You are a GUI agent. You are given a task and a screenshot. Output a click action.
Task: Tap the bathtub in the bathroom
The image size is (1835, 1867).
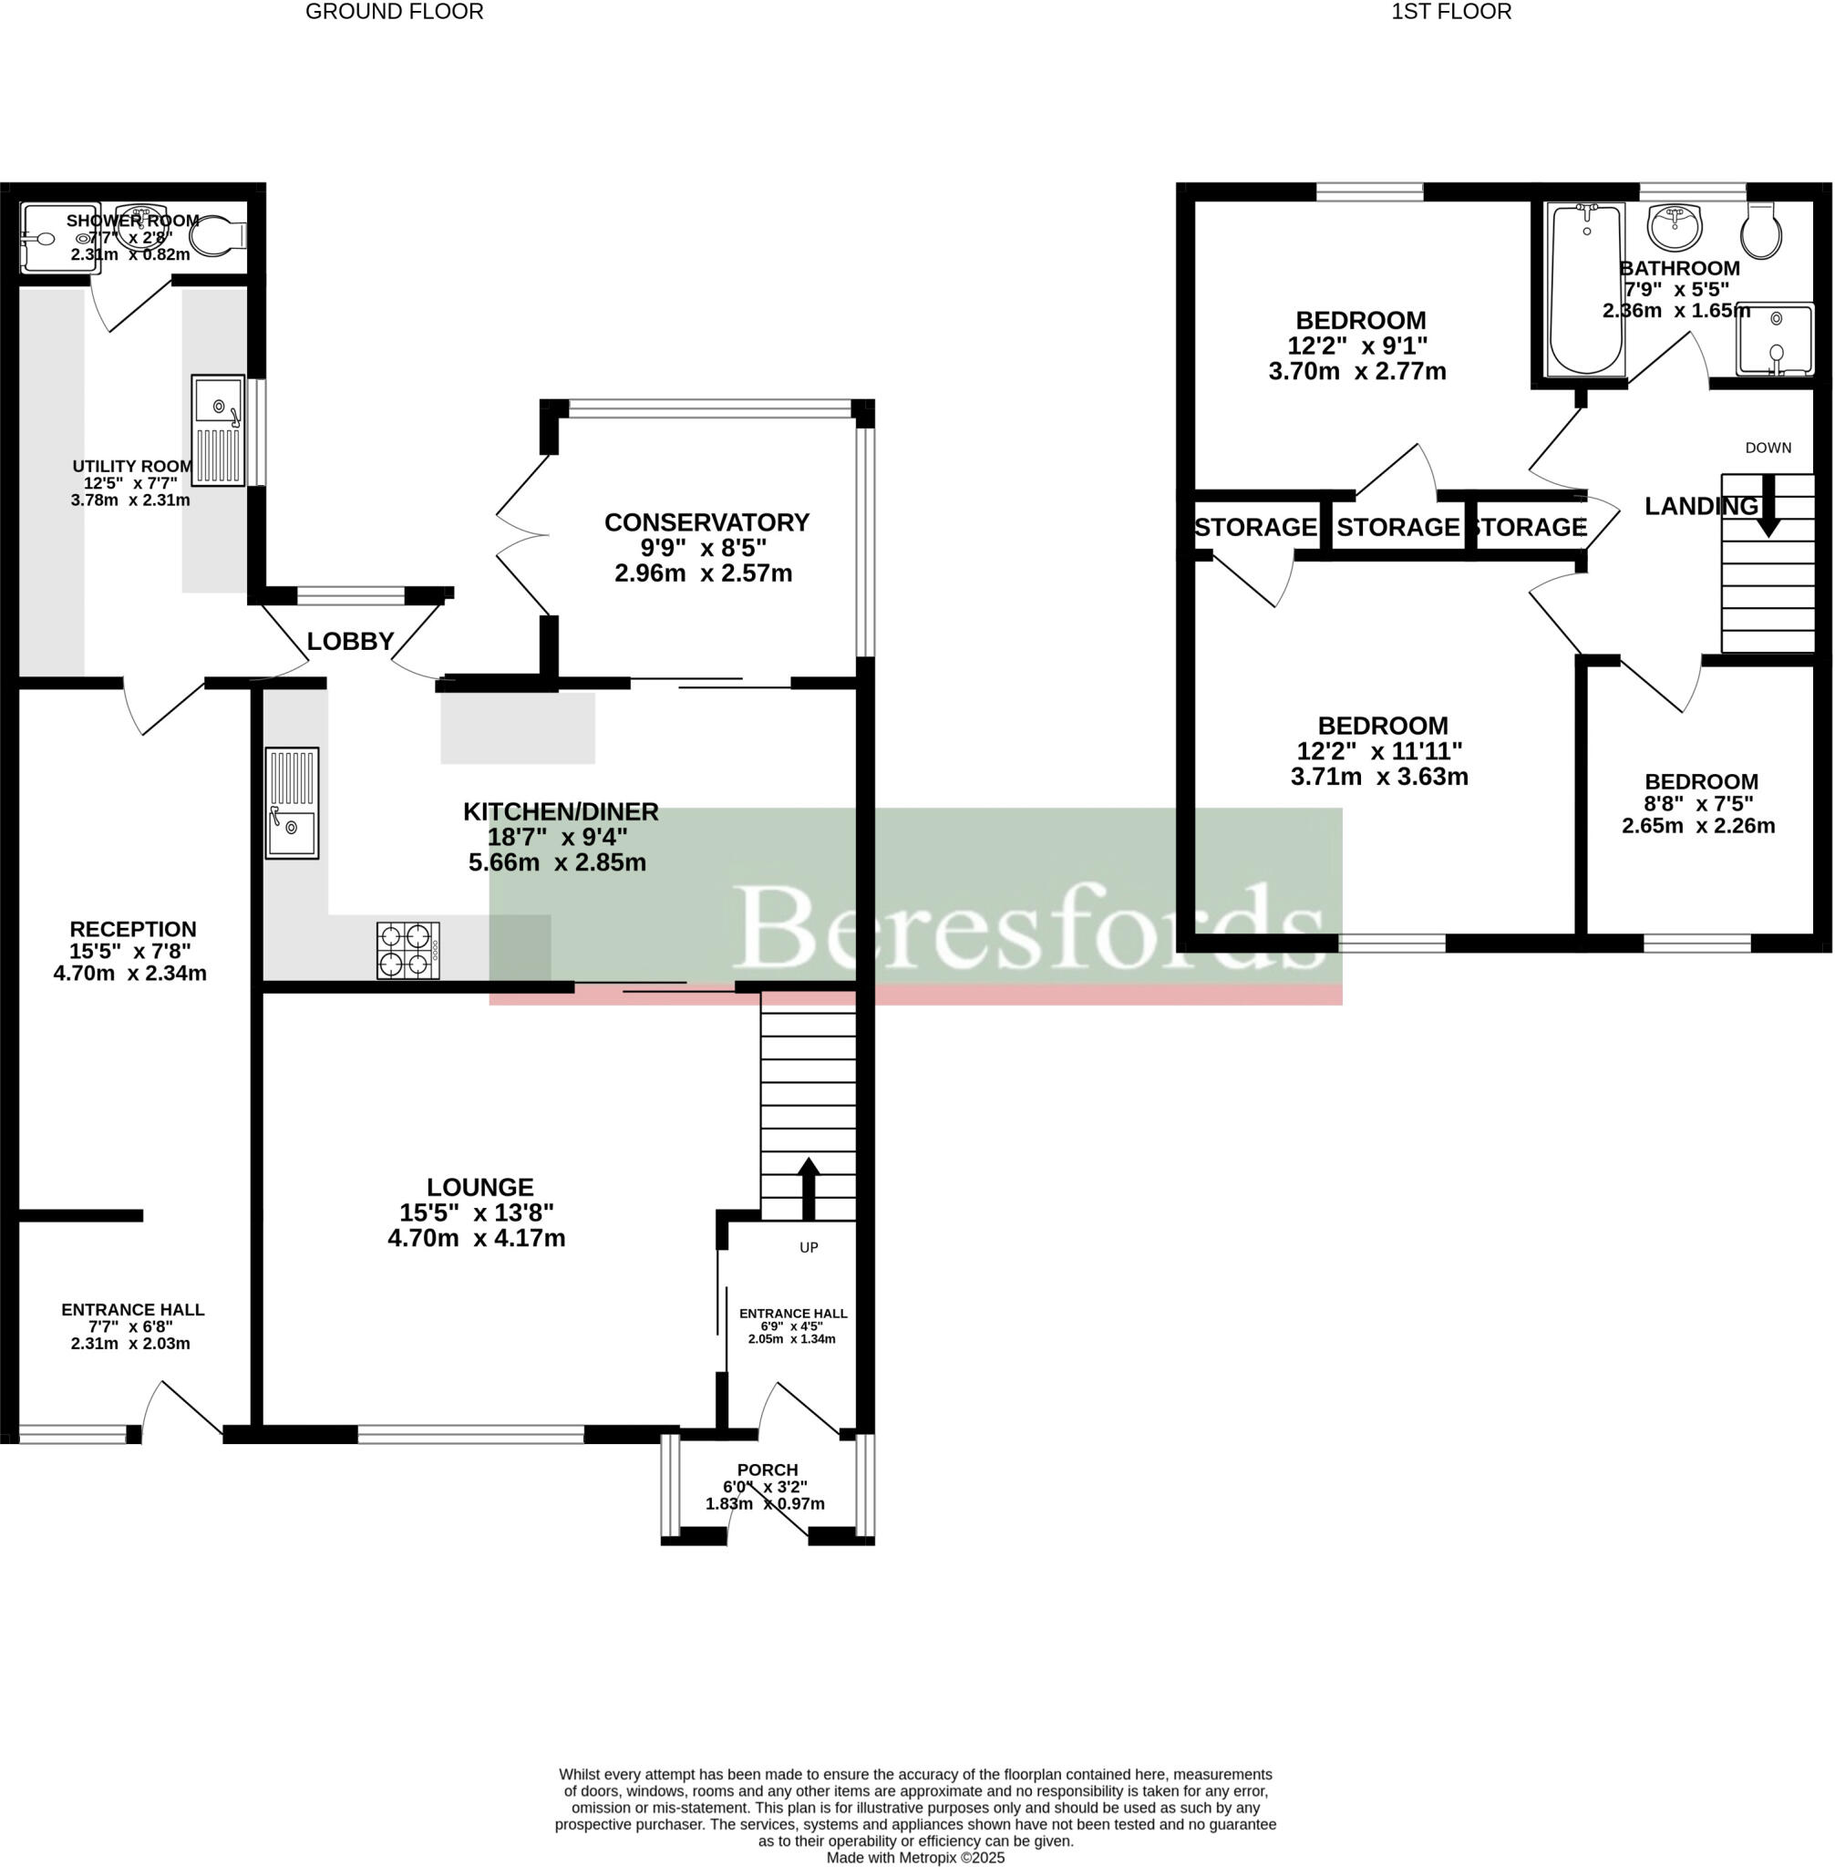coord(1584,289)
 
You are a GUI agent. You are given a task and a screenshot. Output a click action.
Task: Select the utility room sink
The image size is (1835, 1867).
coord(218,430)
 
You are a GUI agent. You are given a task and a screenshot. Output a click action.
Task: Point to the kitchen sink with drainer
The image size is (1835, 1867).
coord(291,803)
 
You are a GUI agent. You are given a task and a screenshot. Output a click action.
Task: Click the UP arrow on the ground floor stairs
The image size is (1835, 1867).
coord(808,1188)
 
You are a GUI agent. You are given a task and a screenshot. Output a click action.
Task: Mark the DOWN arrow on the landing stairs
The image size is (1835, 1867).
coord(1768,505)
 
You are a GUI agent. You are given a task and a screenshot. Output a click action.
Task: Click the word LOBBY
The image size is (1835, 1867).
coord(350,641)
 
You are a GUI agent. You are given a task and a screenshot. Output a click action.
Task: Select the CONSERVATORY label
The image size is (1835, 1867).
coord(706,522)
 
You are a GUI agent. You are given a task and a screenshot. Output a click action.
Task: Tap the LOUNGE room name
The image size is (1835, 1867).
coord(480,1188)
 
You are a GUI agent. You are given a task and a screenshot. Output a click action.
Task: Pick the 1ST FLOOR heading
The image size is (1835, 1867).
coord(1450,12)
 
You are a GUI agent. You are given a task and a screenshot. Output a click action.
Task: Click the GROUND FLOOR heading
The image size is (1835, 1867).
coord(394,12)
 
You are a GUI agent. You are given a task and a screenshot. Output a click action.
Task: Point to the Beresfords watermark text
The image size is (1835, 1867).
coord(1028,925)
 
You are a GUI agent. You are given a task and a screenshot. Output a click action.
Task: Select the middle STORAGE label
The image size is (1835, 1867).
coord(1397,527)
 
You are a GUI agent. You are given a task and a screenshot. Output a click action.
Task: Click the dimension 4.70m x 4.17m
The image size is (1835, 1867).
coord(476,1239)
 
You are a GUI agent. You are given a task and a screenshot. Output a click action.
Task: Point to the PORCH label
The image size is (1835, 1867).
coord(768,1470)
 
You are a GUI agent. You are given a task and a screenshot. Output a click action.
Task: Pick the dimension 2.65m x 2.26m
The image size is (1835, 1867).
coord(1698,826)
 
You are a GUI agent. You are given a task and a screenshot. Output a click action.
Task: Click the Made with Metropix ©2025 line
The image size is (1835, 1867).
coord(914,1857)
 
